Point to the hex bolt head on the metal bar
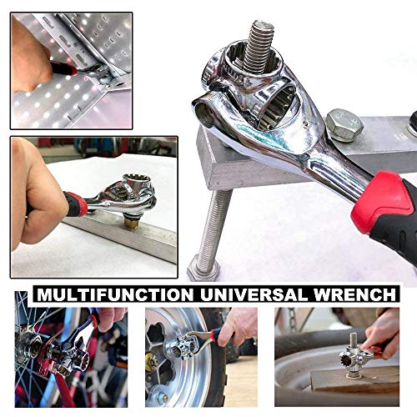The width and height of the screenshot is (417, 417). (344, 124)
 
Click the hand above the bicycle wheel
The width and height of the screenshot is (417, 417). (108, 317)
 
